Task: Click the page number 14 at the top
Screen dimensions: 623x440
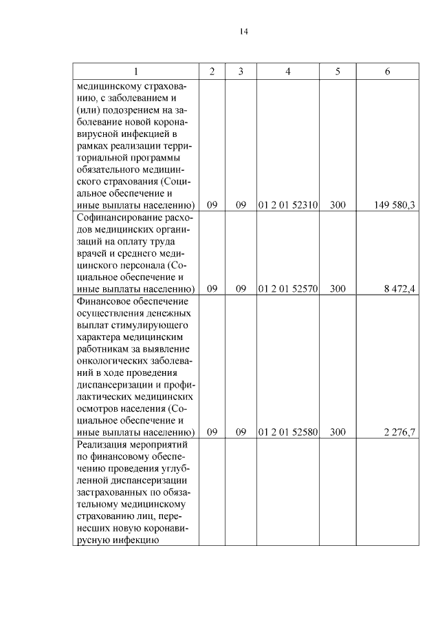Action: click(x=244, y=32)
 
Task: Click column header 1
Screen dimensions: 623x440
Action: click(x=135, y=72)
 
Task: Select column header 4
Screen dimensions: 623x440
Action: click(x=287, y=72)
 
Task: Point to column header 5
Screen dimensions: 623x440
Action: click(x=338, y=72)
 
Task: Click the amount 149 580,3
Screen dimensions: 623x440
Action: click(x=395, y=204)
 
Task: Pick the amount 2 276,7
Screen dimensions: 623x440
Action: click(x=399, y=432)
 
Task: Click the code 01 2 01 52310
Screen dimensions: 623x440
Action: click(x=287, y=204)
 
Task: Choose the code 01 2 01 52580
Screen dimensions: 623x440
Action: click(x=287, y=432)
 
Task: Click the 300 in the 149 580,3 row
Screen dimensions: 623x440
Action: click(x=338, y=204)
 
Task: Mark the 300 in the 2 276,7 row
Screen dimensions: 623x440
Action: click(x=338, y=432)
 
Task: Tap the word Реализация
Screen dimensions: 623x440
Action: click(x=100, y=444)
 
